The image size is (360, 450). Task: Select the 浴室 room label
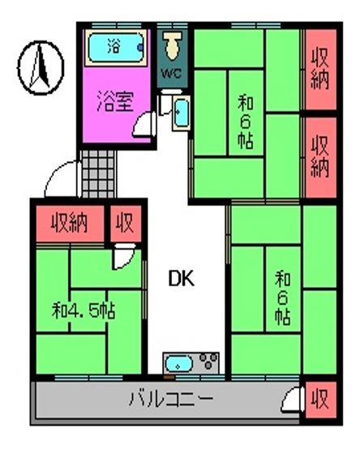point(115,101)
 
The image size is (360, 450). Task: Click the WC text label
point(172,72)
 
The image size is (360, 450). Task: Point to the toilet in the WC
point(172,45)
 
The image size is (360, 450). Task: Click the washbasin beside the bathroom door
point(181,111)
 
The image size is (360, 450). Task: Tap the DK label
point(180,278)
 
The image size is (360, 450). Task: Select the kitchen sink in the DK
point(178,362)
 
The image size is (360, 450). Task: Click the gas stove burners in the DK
point(209,362)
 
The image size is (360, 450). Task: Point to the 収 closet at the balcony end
point(319,399)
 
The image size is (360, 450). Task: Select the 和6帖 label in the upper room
point(245,122)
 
